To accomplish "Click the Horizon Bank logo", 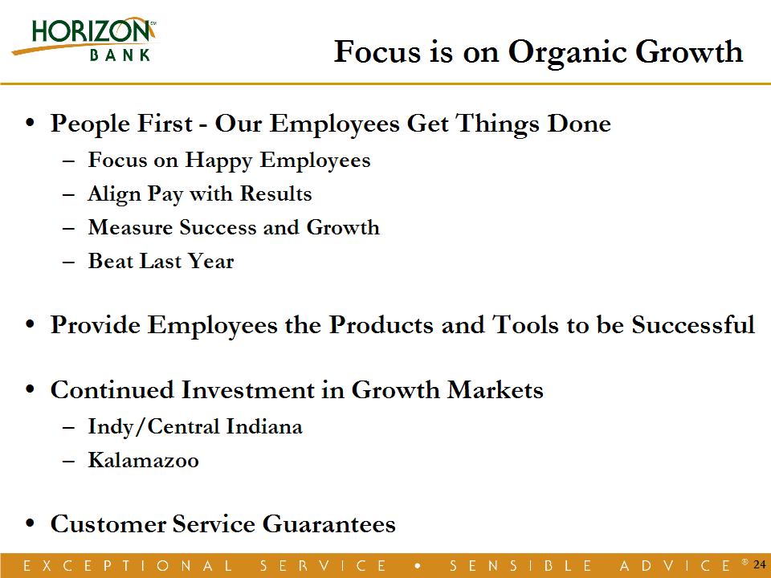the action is pyautogui.click(x=84, y=40).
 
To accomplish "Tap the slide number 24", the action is pyautogui.click(x=760, y=564).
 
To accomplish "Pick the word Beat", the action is pyautogui.click(x=110, y=260).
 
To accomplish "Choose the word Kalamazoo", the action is pyautogui.click(x=144, y=460).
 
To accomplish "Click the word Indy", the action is pyautogui.click(x=111, y=427).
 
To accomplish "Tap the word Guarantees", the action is pyautogui.click(x=329, y=524).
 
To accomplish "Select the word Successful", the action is pyautogui.click(x=693, y=325).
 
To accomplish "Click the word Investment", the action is pyautogui.click(x=248, y=390).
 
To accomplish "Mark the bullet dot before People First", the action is pyautogui.click(x=31, y=123).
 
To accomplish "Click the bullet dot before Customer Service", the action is pyautogui.click(x=31, y=524).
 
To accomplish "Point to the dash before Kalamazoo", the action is pyautogui.click(x=69, y=462).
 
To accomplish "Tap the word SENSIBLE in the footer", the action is pyautogui.click(x=520, y=565).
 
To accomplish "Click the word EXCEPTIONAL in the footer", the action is pyautogui.click(x=128, y=565).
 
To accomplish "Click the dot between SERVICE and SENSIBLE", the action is pyautogui.click(x=418, y=566).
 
